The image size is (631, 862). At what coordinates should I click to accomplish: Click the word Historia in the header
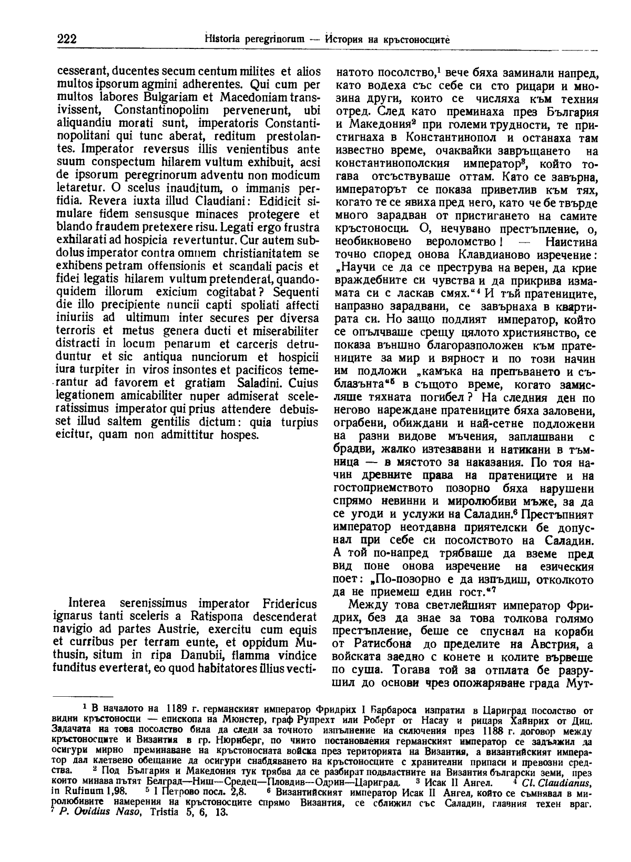[x=222, y=39]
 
